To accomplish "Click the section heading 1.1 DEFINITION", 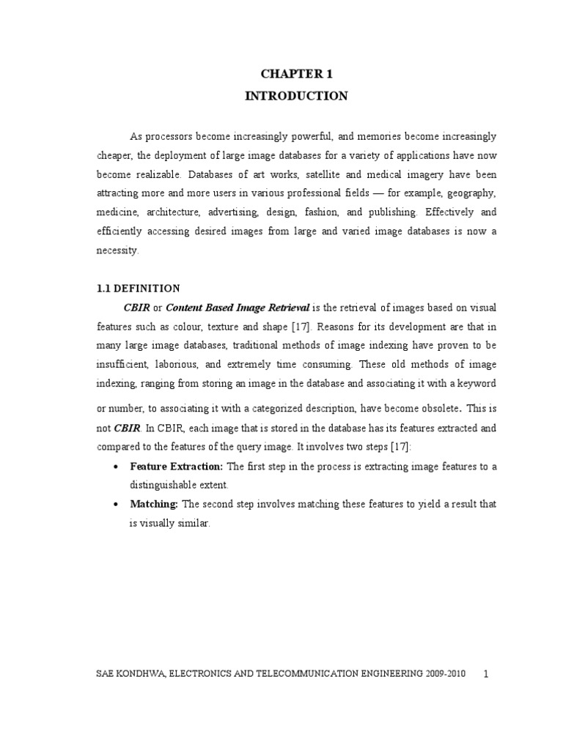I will pos(138,288).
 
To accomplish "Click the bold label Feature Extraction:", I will pos(177,467).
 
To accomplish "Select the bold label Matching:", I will pos(154,505).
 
